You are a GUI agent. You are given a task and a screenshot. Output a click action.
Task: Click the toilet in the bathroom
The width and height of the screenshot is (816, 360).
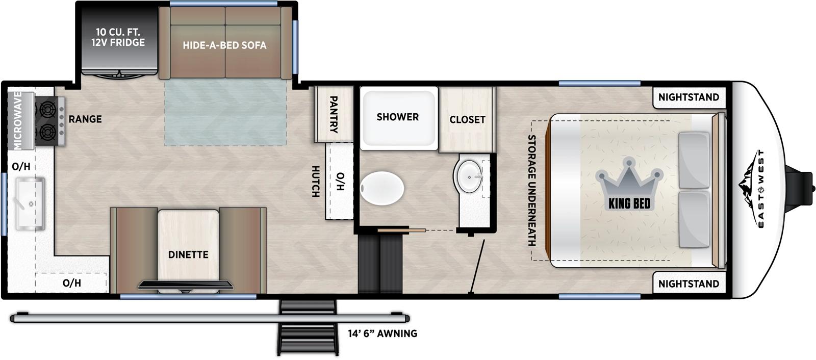[382, 188]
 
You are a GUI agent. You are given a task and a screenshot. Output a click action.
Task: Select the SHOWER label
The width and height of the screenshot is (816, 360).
[397, 117]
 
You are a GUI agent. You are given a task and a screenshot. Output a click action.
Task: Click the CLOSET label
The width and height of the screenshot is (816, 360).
[467, 119]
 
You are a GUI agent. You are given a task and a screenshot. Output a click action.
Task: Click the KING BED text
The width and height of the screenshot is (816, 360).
[629, 204]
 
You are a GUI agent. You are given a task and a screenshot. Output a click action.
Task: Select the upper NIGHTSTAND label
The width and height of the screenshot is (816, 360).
[688, 97]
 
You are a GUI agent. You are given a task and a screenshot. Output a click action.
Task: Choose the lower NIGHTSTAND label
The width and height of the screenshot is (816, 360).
[688, 284]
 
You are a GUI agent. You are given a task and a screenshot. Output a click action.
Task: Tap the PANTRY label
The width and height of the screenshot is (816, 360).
[334, 114]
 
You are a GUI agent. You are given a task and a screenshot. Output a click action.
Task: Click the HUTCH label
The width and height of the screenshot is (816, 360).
[316, 182]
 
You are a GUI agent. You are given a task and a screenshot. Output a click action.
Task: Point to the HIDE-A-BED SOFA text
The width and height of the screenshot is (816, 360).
[224, 45]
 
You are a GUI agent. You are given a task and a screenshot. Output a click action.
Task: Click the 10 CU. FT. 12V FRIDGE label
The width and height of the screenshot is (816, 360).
[118, 37]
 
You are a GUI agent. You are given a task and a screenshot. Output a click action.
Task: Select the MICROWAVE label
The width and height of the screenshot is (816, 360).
[17, 121]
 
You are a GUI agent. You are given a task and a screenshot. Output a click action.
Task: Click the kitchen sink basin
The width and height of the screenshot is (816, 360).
[30, 203]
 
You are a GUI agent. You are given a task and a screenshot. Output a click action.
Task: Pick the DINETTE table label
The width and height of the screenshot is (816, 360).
[188, 254]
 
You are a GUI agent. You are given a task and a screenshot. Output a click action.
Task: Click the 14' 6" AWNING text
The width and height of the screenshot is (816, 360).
[382, 333]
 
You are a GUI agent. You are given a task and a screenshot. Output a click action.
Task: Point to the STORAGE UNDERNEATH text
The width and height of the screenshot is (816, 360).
[531, 190]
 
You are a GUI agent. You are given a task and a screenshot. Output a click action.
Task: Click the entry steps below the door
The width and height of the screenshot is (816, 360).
[308, 326]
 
